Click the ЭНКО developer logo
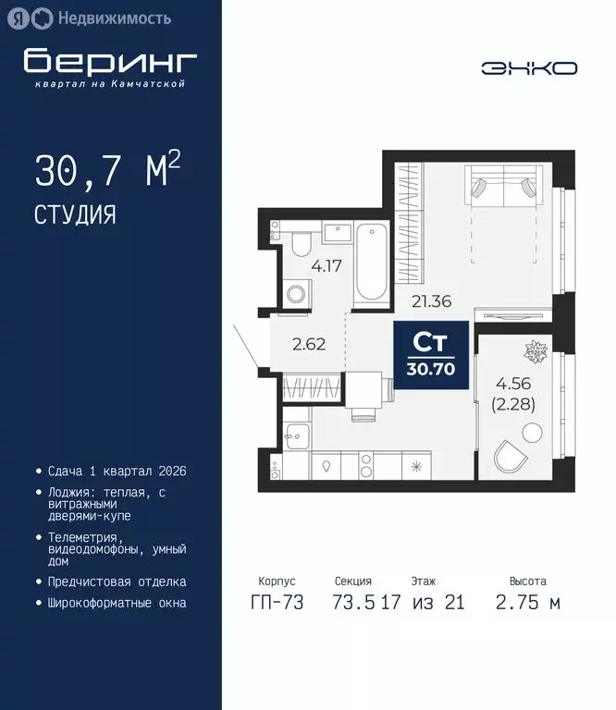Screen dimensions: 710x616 point(529,67)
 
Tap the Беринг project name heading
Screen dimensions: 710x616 point(111,61)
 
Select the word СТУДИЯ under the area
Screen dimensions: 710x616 point(75,215)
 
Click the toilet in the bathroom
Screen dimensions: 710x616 point(301,245)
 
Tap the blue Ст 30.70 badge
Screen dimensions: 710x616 point(431,353)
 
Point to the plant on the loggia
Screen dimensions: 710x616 point(536,351)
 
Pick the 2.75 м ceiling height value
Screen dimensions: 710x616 point(528,603)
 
